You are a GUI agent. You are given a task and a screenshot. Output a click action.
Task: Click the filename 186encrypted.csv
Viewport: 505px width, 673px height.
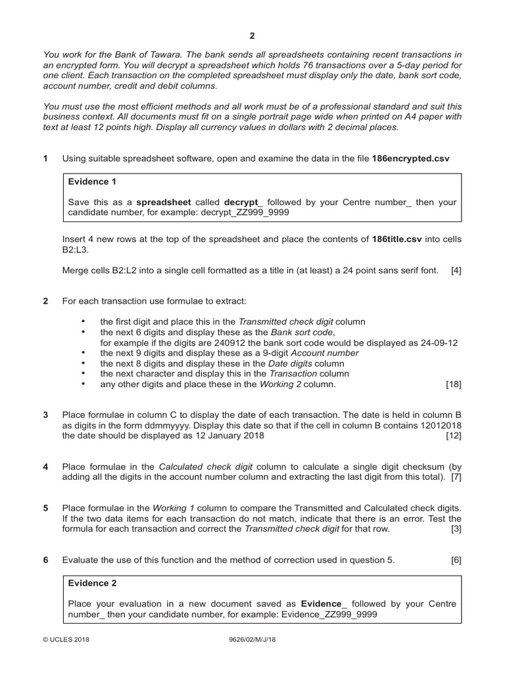click(411, 158)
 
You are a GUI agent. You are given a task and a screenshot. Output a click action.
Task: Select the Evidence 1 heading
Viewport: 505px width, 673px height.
click(92, 181)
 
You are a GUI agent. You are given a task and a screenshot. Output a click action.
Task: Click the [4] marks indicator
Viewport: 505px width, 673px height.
click(456, 270)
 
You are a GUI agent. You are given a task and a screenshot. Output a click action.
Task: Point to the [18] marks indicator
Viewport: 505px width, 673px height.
click(453, 384)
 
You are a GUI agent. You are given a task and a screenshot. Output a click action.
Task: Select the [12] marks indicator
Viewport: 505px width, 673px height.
click(453, 435)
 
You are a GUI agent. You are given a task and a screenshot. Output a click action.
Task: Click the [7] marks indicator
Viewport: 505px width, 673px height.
click(456, 476)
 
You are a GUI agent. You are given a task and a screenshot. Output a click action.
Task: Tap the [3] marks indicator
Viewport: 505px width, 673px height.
click(456, 528)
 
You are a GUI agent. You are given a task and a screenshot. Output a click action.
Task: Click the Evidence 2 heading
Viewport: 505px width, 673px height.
click(92, 582)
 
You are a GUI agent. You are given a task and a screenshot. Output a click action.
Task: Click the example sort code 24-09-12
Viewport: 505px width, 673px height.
click(435, 342)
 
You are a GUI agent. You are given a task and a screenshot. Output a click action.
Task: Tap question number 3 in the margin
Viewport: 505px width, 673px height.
click(45, 415)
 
